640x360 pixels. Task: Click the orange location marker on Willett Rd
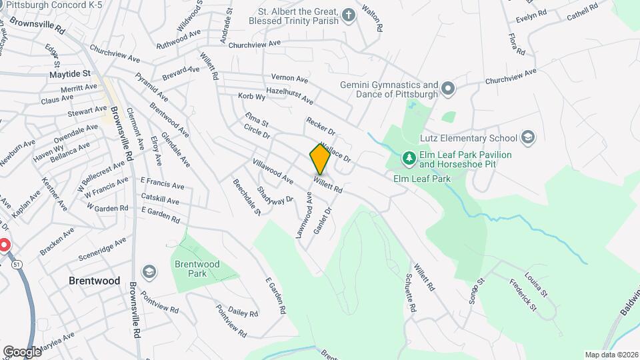(x=320, y=159)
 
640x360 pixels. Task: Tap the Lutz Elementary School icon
(x=528, y=137)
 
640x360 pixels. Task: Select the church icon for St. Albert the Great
(x=347, y=15)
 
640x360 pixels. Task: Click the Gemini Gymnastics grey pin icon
(x=447, y=88)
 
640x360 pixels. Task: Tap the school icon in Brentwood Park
(x=149, y=271)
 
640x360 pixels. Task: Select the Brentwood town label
(x=95, y=281)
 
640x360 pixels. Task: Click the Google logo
(x=22, y=351)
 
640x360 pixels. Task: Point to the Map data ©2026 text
(x=609, y=355)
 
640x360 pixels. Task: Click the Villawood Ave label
(x=273, y=171)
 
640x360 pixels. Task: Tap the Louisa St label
(x=535, y=283)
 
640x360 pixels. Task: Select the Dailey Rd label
(x=243, y=312)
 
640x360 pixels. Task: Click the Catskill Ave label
(x=160, y=200)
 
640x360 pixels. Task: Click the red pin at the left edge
(x=3, y=245)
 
